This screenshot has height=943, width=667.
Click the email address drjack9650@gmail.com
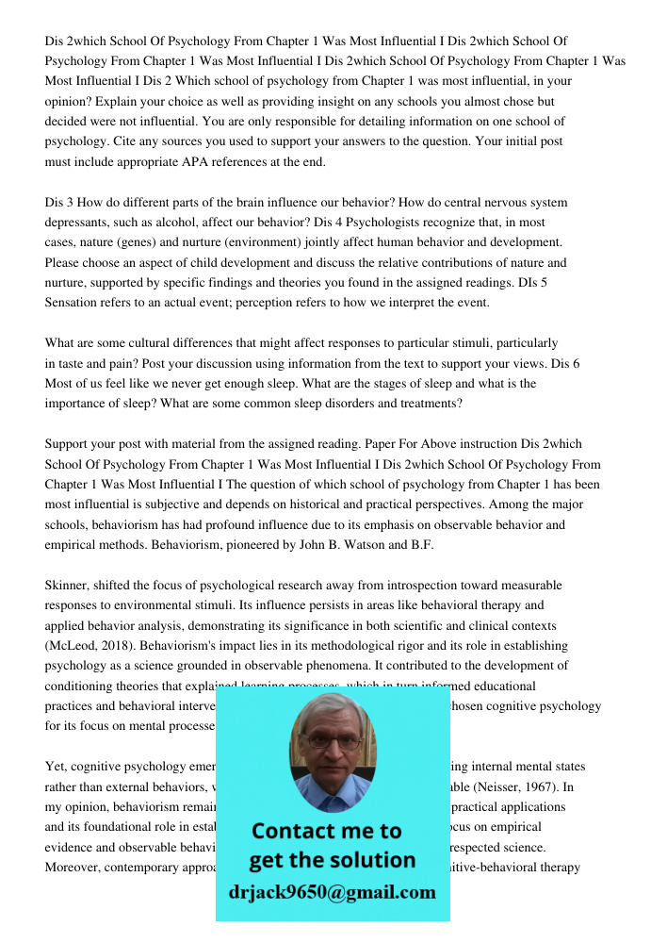[332, 892]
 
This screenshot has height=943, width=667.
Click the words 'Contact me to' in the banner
[326, 831]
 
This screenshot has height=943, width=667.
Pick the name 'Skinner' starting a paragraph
[69, 586]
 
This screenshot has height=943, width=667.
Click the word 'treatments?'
[429, 404]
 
